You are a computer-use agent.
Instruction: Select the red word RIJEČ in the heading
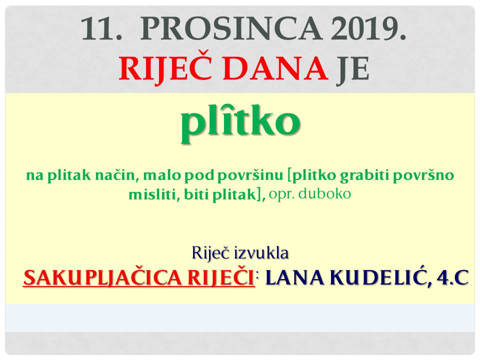coord(165,68)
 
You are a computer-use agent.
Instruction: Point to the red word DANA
coord(275,68)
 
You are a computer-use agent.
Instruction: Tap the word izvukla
coord(261,253)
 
